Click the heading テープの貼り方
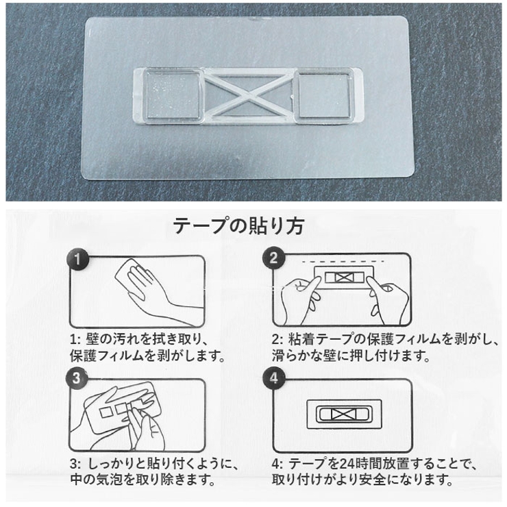point(238,225)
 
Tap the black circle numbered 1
point(77,259)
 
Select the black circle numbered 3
point(77,378)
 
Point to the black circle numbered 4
point(274,378)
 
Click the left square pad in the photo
point(173,95)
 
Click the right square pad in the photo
point(323,95)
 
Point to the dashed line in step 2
point(343,261)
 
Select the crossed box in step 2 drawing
point(343,277)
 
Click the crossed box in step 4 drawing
point(344,414)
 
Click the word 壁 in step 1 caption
point(92,339)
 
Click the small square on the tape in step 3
point(106,413)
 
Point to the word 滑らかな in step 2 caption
point(298,356)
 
